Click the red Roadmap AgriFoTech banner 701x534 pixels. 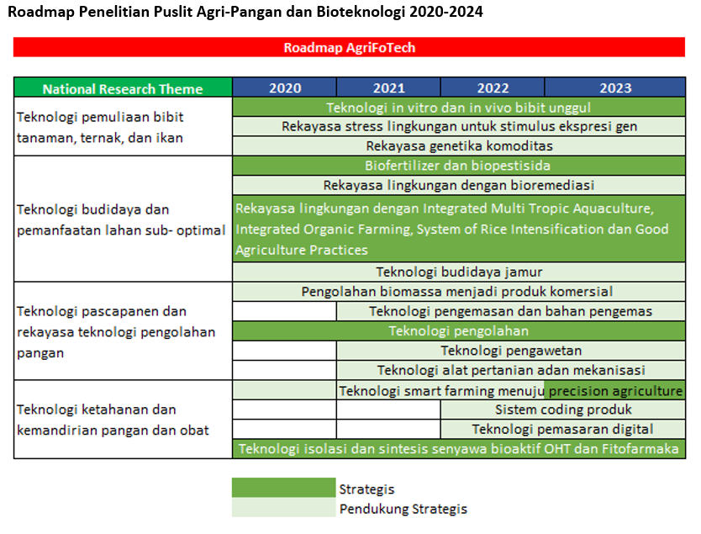tap(349, 47)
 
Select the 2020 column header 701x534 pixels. tap(284, 87)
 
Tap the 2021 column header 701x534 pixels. tap(388, 87)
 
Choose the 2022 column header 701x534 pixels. tap(493, 87)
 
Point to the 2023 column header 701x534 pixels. tap(615, 87)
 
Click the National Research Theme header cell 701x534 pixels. tap(123, 87)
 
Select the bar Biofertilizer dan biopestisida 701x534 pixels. tap(459, 166)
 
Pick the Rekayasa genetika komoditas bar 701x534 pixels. tap(459, 145)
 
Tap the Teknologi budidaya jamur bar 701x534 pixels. tap(459, 272)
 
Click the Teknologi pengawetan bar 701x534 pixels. tap(511, 351)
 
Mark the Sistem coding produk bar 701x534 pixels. tap(563, 410)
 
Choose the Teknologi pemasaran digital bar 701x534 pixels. tap(563, 430)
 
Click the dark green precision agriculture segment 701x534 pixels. tap(614, 390)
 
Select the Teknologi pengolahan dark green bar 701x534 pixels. tap(459, 331)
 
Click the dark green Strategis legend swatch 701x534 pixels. tap(283, 488)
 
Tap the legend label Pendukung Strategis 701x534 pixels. tap(403, 509)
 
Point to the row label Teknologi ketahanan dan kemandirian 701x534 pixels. tap(113, 420)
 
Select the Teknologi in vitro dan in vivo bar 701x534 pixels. tap(459, 108)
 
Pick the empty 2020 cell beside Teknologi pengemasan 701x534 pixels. tap(284, 311)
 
